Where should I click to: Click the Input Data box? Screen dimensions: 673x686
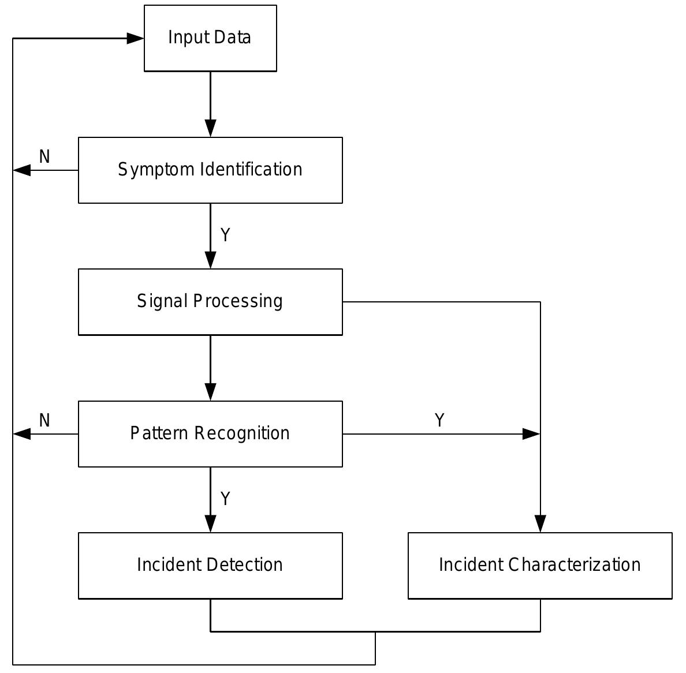coord(210,38)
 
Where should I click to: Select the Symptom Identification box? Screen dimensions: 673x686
coord(210,170)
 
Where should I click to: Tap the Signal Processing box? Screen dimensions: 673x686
coord(210,302)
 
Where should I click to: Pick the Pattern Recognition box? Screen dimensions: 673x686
coord(210,433)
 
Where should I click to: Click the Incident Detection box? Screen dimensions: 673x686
coord(210,566)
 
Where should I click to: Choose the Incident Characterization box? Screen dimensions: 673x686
coord(540,566)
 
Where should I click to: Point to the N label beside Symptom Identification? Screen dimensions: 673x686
coord(44,156)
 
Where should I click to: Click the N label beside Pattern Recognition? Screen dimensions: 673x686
coord(44,420)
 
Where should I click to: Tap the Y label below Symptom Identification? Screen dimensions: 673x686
coord(225,235)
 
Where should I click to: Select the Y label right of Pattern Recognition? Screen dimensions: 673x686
coord(439,420)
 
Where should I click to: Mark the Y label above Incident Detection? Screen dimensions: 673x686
coord(225,499)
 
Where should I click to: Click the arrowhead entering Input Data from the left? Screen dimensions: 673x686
coord(135,39)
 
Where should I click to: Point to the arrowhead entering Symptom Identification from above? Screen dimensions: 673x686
coord(210,128)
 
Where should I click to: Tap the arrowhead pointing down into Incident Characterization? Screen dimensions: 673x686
coord(540,524)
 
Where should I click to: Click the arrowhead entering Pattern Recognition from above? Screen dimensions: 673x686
coord(210,392)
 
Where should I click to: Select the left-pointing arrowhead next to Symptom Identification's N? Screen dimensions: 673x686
coord(22,170)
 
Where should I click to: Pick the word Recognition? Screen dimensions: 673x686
coord(250,433)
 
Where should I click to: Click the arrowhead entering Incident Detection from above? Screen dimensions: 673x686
coord(210,524)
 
